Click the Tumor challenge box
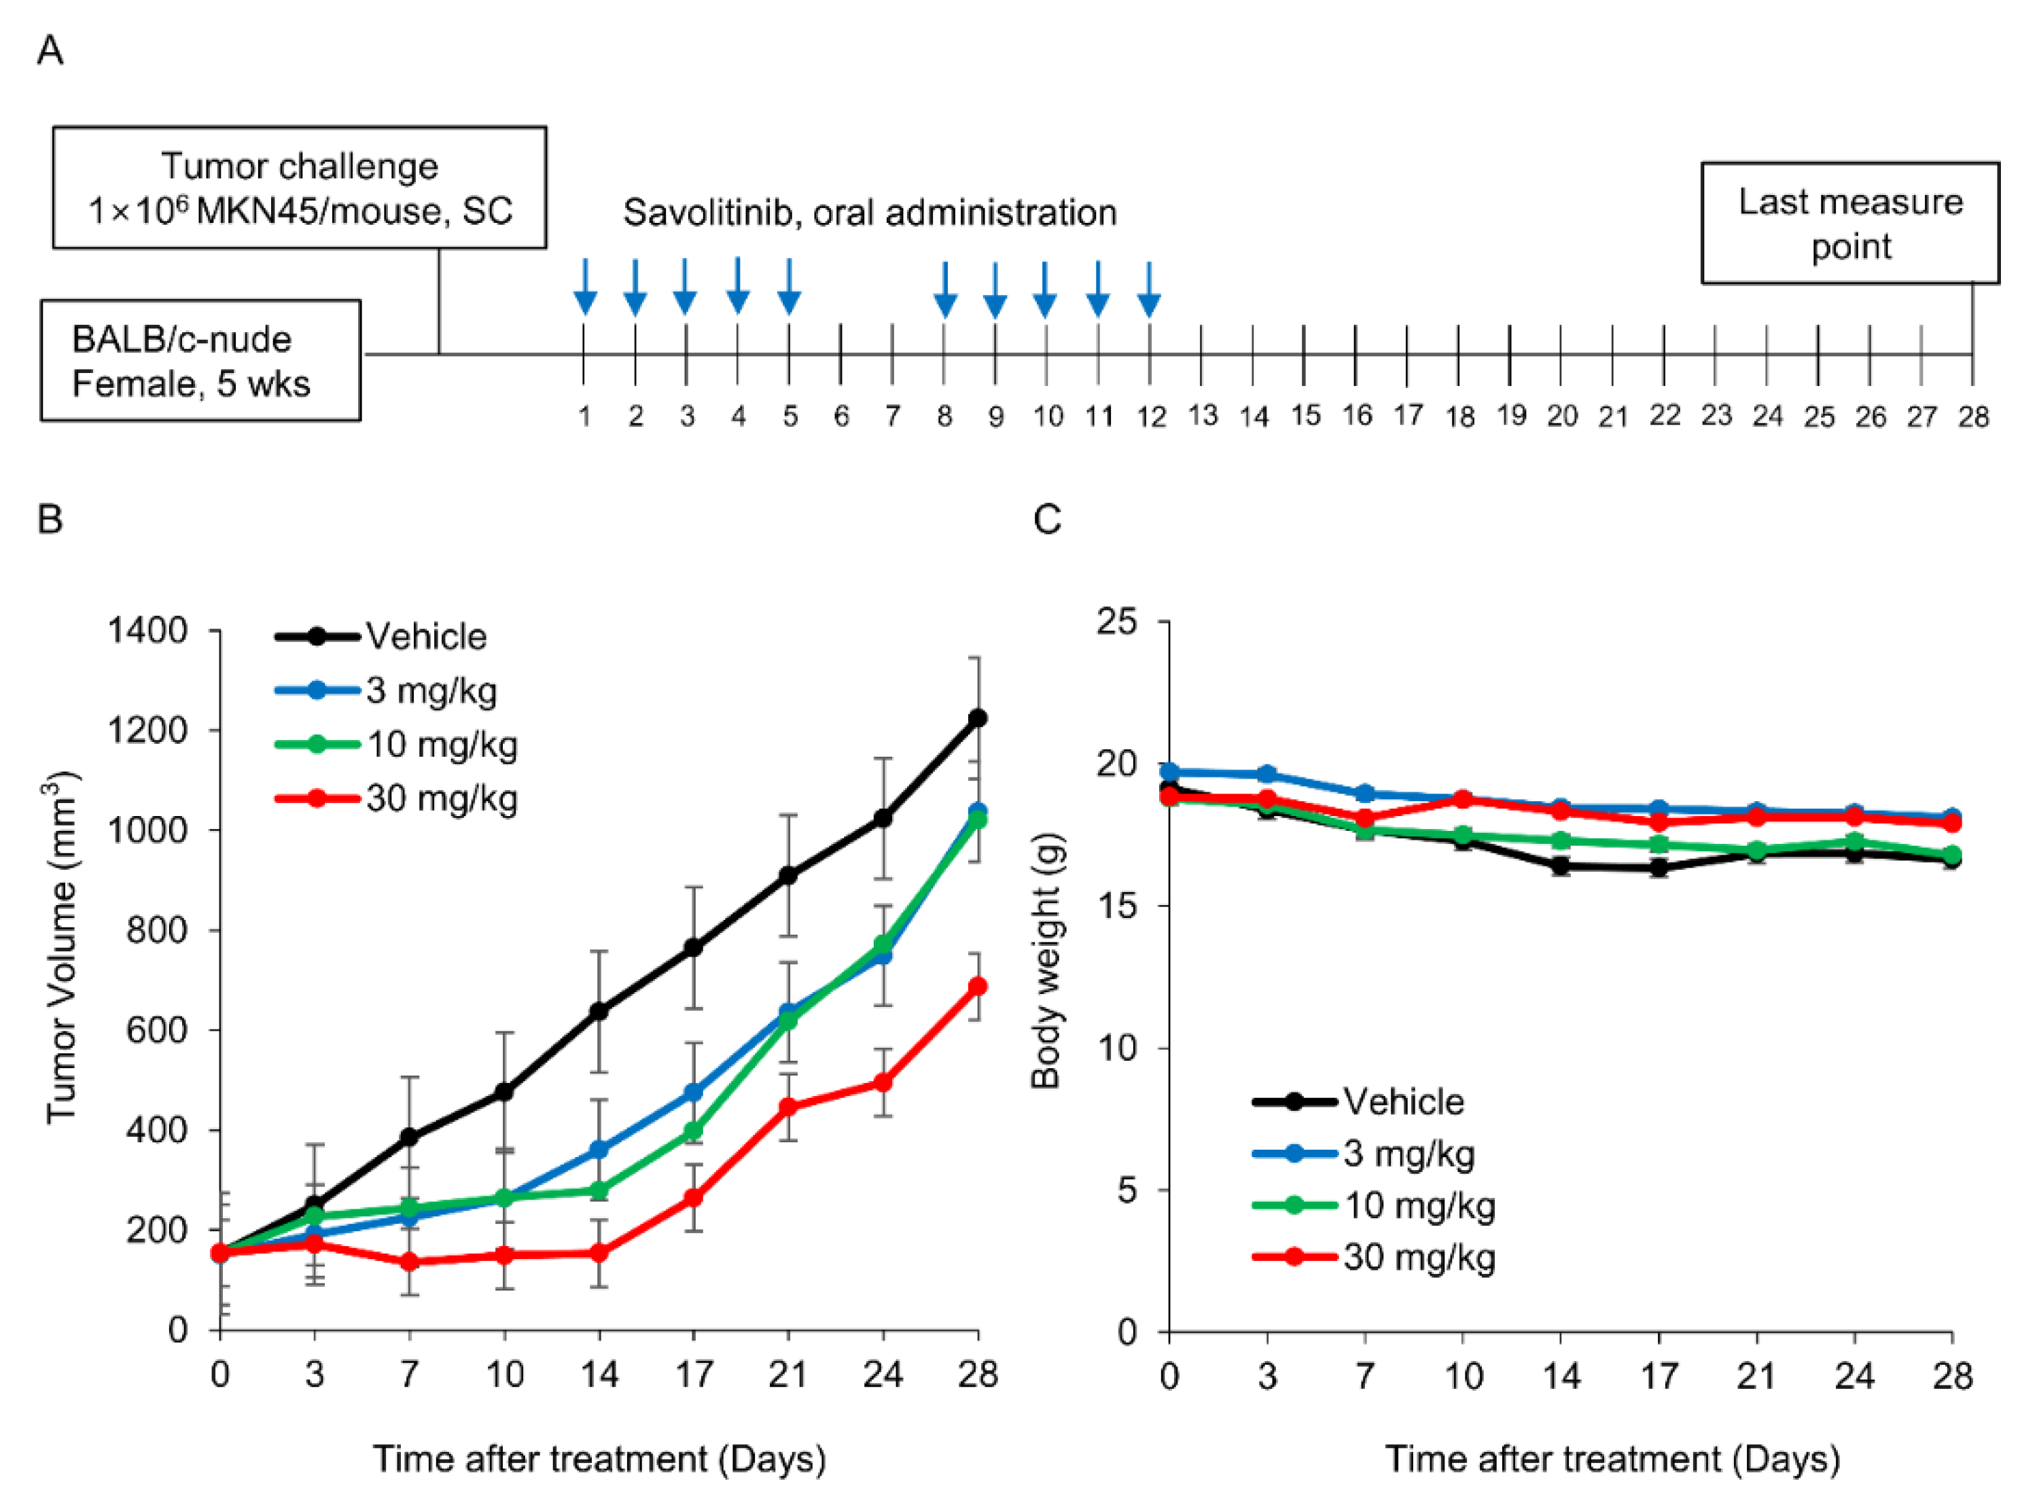(300, 188)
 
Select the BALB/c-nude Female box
(200, 361)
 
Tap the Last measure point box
(1849, 223)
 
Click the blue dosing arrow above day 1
(585, 287)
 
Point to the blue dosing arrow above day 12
(1149, 289)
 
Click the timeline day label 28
(1973, 417)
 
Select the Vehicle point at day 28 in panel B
(978, 718)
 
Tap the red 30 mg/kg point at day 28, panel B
(978, 987)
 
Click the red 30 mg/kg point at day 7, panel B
(410, 1262)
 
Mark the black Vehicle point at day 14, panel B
(599, 1011)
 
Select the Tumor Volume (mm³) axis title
(62, 947)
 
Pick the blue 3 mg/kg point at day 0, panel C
(1170, 772)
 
